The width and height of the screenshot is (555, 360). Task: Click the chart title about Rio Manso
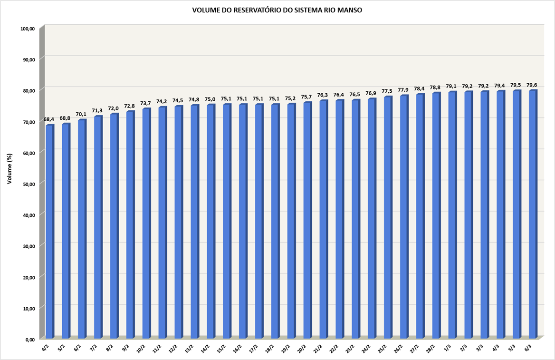point(277,10)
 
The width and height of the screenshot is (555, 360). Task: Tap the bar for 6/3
point(532,214)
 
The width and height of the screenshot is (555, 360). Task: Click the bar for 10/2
point(145,223)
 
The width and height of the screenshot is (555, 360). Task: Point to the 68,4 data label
point(49,119)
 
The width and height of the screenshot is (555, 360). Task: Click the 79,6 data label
point(532,85)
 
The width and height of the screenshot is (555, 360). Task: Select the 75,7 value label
point(306,97)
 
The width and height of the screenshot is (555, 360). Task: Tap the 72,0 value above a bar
point(113,108)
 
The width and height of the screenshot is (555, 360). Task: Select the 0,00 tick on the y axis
point(29,340)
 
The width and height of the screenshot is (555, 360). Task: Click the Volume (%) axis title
point(9,168)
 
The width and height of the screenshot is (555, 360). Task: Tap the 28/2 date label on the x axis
point(430,349)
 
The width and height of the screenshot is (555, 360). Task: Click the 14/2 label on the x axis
point(205,349)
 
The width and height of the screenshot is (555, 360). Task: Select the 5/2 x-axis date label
point(61,348)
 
